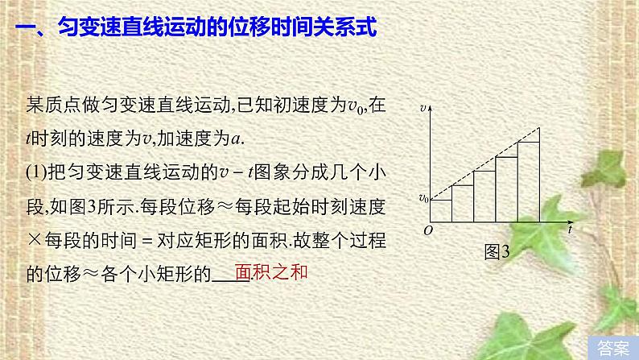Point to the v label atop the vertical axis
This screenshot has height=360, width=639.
(423, 107)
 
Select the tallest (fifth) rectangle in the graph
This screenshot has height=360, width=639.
(528, 181)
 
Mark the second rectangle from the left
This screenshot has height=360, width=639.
(463, 203)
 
